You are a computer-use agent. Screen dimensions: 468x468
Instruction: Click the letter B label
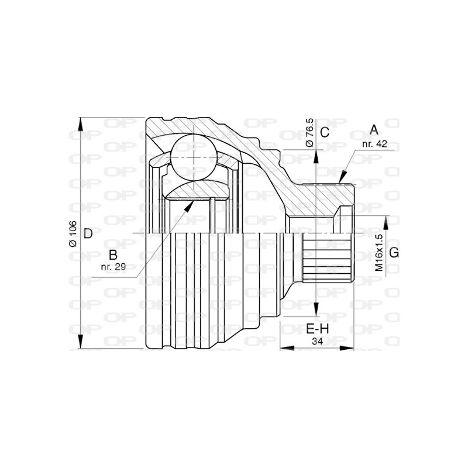click(x=114, y=254)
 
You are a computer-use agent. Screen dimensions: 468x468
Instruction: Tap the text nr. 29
click(x=112, y=267)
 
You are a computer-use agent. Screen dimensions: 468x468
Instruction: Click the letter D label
click(x=88, y=234)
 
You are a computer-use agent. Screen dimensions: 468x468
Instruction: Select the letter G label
click(x=394, y=252)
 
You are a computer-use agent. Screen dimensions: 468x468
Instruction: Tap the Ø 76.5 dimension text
click(x=311, y=132)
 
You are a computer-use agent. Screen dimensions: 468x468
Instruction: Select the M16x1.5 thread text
click(x=378, y=252)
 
